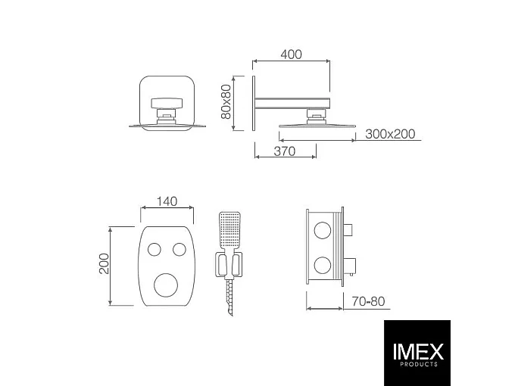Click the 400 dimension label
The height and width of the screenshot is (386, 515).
pyautogui.click(x=291, y=54)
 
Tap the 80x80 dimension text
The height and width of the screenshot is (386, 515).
pyautogui.click(x=225, y=101)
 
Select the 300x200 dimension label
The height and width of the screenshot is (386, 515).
pyautogui.click(x=390, y=134)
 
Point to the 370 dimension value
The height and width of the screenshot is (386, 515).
pyautogui.click(x=285, y=151)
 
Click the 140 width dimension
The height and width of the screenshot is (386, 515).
pyautogui.click(x=167, y=201)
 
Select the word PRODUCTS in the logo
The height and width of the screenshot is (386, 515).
pyautogui.click(x=417, y=365)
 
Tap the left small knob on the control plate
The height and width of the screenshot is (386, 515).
pyautogui.click(x=154, y=249)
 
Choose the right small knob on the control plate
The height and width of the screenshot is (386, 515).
pyautogui.click(x=180, y=249)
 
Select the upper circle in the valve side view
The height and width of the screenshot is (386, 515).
pyautogui.click(x=324, y=231)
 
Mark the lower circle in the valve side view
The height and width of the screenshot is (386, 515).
pyautogui.click(x=324, y=265)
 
